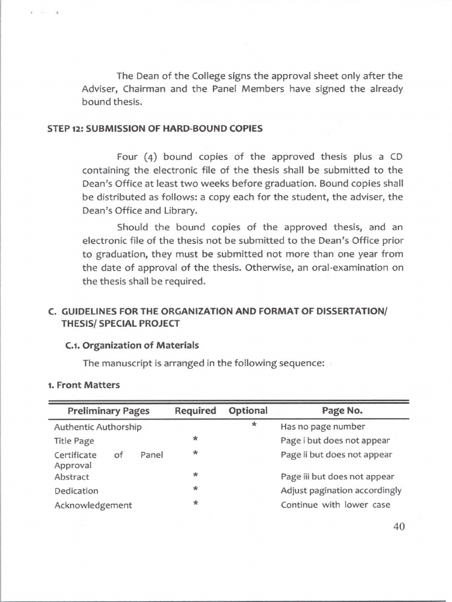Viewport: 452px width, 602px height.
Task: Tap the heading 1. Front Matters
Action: click(84, 385)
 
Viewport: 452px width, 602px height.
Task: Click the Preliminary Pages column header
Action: click(108, 410)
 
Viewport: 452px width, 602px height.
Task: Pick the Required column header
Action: click(195, 410)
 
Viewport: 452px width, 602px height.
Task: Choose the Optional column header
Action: click(248, 410)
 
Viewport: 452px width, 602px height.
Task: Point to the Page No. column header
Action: click(342, 410)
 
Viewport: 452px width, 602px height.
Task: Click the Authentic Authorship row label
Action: click(98, 427)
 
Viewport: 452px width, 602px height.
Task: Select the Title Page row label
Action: click(74, 441)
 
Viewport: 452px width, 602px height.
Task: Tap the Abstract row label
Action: click(72, 477)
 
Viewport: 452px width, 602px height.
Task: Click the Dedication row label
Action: click(77, 491)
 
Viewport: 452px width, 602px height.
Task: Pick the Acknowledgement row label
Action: click(93, 505)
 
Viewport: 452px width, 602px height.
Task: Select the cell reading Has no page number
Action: click(323, 427)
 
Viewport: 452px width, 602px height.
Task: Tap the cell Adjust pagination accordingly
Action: click(341, 490)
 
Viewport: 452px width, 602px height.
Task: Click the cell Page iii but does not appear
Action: click(337, 477)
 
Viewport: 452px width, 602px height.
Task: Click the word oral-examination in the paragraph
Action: click(346, 267)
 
